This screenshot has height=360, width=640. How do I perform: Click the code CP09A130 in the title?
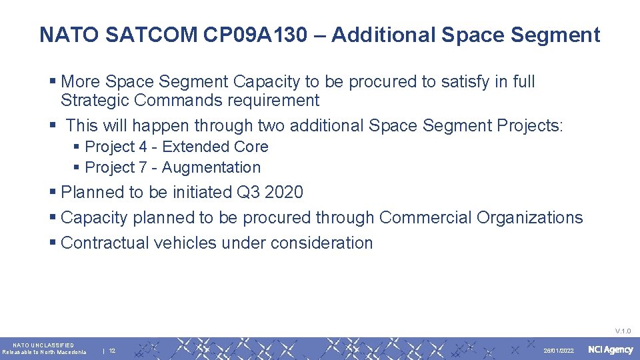[x=256, y=35]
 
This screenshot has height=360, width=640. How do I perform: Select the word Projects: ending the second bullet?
[x=529, y=125]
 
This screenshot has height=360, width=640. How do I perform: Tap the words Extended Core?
[x=215, y=147]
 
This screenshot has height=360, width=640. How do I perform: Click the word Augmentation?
[x=211, y=168]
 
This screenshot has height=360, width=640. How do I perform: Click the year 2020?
[x=283, y=193]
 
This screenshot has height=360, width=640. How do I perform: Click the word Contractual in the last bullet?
[x=105, y=243]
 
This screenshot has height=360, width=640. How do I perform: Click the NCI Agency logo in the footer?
[x=610, y=350]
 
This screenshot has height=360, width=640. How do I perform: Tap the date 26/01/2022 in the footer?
[x=559, y=351]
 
